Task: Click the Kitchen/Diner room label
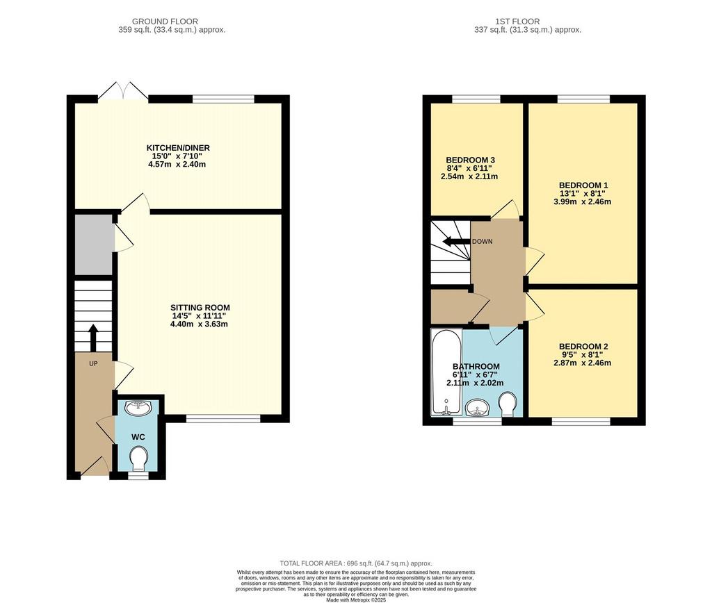[x=178, y=148]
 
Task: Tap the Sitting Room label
[x=200, y=308]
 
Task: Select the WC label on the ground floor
[x=138, y=437]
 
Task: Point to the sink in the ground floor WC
[x=139, y=408]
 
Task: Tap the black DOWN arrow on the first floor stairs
[x=456, y=241]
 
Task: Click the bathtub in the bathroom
[x=446, y=372]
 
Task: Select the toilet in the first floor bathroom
[x=507, y=404]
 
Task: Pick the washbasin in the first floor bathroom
[x=477, y=408]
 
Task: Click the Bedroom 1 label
[x=583, y=185]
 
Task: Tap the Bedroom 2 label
[x=583, y=347]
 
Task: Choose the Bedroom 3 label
[x=470, y=160]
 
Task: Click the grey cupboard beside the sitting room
[x=94, y=245]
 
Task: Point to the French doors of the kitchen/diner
[x=122, y=91]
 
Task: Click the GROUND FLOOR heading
[x=165, y=22]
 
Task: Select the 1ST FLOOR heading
[x=517, y=22]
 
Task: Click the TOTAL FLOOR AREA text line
[x=356, y=563]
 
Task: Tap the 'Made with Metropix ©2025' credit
[x=356, y=600]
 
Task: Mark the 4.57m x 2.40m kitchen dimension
[x=177, y=164]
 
